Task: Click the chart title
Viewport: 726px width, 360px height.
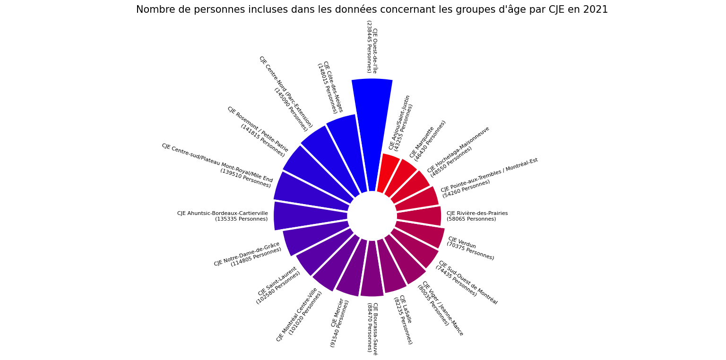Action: coord(372,10)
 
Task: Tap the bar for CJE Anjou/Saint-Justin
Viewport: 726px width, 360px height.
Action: coord(387,171)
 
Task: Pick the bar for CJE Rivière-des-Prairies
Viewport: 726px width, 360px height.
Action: coord(419,216)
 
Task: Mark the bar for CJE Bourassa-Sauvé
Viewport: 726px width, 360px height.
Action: coord(372,269)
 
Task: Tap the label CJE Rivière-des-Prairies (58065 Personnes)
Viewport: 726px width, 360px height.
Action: coord(477,216)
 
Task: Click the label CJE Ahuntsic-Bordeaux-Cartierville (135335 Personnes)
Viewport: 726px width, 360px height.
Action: coord(223,216)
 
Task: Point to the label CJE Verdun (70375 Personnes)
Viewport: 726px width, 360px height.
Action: coord(471,248)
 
